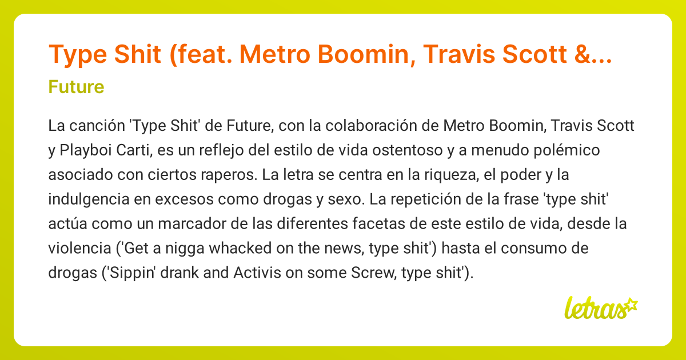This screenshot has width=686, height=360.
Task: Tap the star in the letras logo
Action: point(630,304)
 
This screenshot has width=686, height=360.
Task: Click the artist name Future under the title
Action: point(76,87)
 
